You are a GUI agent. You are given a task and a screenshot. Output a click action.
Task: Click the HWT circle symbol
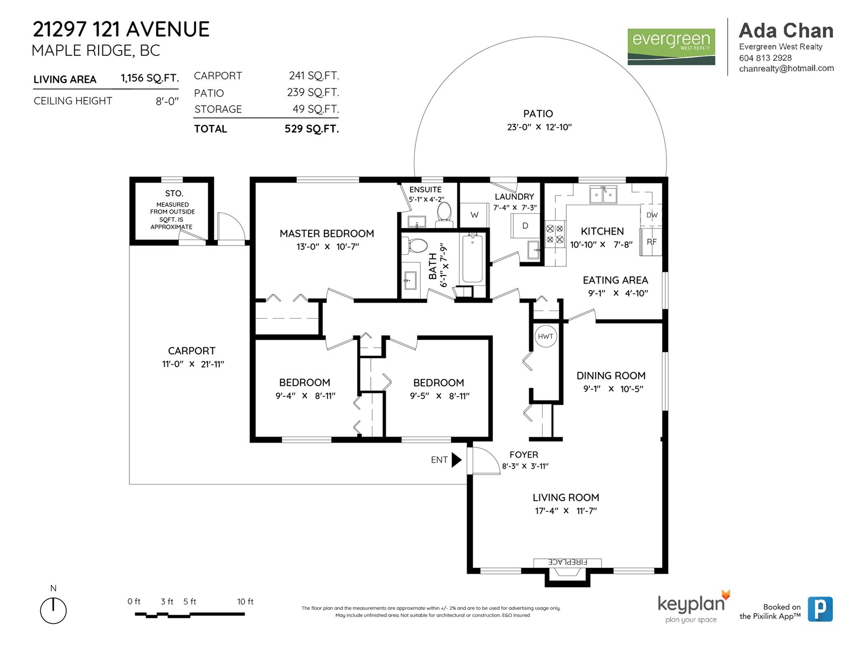(545, 336)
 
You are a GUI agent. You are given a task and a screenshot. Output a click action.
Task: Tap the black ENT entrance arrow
(456, 460)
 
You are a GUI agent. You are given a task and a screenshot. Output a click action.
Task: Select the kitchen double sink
(603, 194)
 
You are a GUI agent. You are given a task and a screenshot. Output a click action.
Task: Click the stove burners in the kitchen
(555, 234)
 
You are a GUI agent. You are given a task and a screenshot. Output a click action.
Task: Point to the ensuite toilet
(444, 214)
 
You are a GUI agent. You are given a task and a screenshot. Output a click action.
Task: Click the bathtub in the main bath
(472, 258)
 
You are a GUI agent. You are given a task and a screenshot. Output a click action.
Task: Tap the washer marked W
(475, 215)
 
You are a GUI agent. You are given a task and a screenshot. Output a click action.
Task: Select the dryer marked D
(525, 226)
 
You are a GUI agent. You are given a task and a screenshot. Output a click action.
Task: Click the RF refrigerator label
(651, 242)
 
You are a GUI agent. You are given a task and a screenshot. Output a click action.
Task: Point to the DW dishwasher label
(652, 215)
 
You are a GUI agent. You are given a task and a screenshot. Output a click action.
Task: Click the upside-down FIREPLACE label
(567, 562)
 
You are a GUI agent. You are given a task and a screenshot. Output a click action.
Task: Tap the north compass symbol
(53, 610)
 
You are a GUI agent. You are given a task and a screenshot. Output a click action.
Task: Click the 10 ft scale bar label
(245, 601)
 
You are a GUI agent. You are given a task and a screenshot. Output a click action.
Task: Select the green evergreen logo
(671, 47)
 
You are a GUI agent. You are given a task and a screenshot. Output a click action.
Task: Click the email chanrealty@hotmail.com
(786, 68)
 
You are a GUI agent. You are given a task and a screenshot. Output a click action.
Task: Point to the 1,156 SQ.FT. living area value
(150, 78)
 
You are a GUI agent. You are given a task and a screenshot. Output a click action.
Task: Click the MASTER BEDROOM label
(326, 234)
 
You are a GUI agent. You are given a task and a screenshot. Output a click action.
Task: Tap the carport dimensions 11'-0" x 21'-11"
(193, 364)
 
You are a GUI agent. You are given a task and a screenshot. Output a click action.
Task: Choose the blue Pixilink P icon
(820, 609)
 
